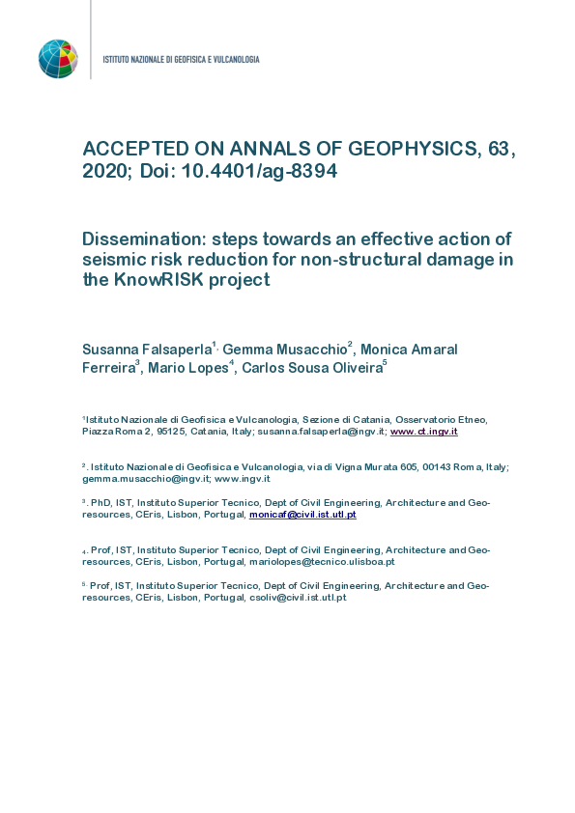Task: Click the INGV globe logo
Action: [58, 59]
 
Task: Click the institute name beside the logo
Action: [181, 60]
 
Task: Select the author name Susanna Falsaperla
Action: [147, 350]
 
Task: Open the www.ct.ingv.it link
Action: [423, 432]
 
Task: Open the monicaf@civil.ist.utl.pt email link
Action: [302, 515]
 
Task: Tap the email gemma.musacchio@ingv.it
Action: [144, 479]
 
